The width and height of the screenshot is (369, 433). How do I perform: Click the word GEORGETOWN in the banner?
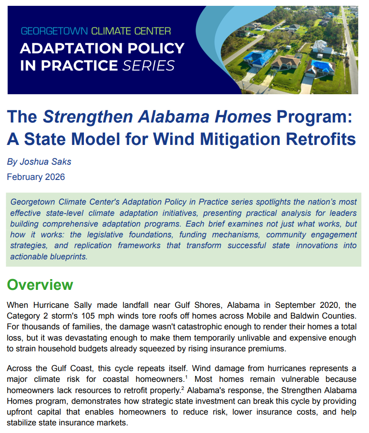(x=54, y=31)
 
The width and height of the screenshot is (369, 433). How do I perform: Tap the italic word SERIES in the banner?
(x=149, y=66)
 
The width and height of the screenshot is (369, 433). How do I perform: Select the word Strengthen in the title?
(x=88, y=117)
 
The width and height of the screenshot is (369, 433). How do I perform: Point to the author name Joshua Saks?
(x=46, y=162)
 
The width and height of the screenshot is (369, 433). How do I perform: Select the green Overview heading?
(x=40, y=285)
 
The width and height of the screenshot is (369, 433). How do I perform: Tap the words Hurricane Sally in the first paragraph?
(x=62, y=305)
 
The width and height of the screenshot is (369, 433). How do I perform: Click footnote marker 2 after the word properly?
(x=183, y=388)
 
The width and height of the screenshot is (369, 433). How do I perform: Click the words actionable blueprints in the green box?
(x=49, y=257)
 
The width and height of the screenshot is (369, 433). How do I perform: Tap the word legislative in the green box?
(x=105, y=235)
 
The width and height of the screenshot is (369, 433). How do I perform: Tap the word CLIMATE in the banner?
(x=111, y=31)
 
